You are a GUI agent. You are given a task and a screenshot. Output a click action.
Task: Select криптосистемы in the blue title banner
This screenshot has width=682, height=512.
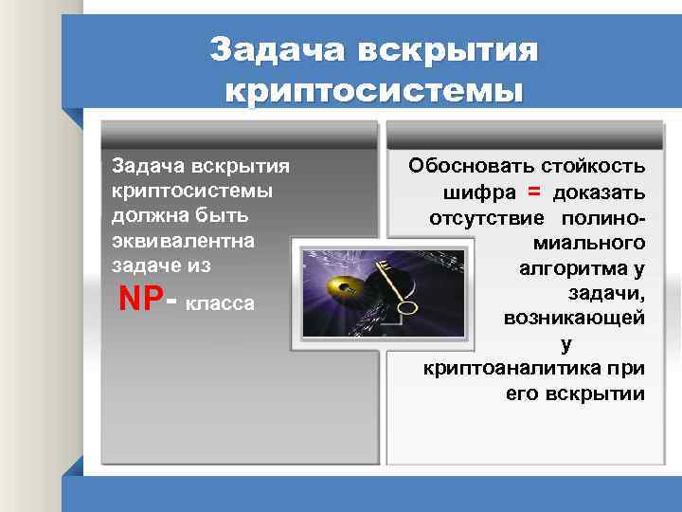374,92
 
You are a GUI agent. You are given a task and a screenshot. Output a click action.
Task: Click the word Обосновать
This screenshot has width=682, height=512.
465,167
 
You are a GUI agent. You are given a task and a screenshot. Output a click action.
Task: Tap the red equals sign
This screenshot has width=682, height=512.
534,192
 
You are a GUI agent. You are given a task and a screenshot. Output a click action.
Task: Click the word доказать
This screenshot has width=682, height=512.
599,193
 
